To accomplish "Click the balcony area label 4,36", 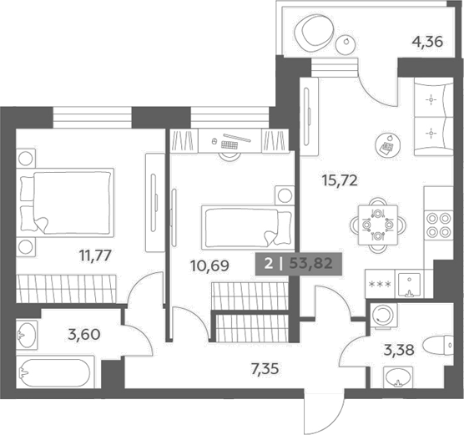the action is click(427, 42).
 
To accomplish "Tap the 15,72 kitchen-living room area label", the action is click(340, 180).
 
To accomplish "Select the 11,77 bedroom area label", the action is click(95, 255).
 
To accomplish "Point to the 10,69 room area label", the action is click(209, 266).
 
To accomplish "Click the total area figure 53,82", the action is click(310, 263).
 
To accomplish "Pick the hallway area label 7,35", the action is click(265, 369).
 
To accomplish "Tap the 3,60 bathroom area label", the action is click(84, 335).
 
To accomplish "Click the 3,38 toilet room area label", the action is click(399, 351).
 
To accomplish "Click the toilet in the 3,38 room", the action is click(439, 346).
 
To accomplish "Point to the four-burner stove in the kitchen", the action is click(439, 225).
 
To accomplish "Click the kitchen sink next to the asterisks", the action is click(409, 285).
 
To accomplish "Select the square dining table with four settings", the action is click(378, 225).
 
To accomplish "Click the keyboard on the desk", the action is click(229, 144).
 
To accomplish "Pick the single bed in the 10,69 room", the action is click(248, 227).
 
